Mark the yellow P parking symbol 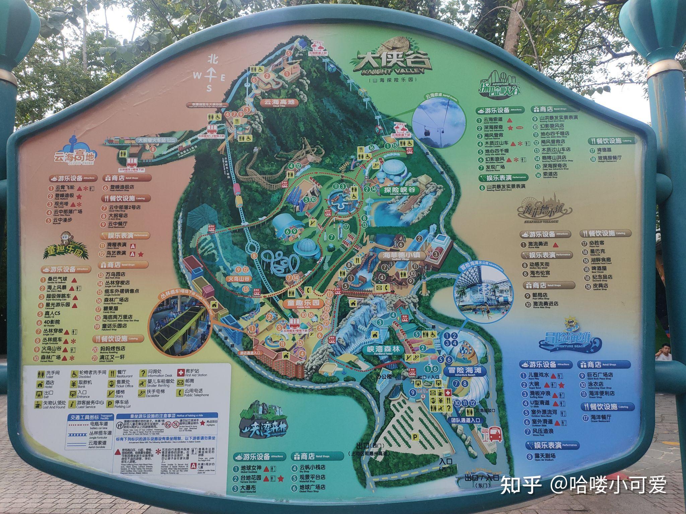[x=415, y=437]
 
